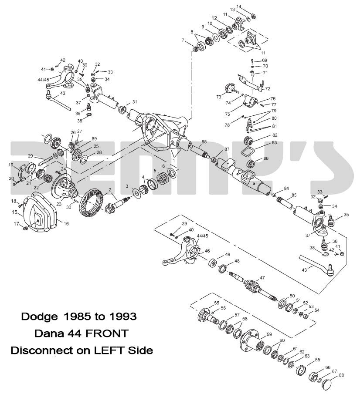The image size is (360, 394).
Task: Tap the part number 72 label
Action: [268, 89]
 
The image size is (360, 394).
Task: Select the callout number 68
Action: [341, 375]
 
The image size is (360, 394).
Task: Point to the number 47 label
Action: [262, 277]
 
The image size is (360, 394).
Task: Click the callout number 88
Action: [204, 142]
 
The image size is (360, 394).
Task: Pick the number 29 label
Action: [31, 156]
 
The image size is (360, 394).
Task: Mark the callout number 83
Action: [262, 142]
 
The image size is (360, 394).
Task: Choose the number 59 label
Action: [269, 334]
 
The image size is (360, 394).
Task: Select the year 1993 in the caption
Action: [122, 317]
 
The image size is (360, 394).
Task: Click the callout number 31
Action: [135, 102]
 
